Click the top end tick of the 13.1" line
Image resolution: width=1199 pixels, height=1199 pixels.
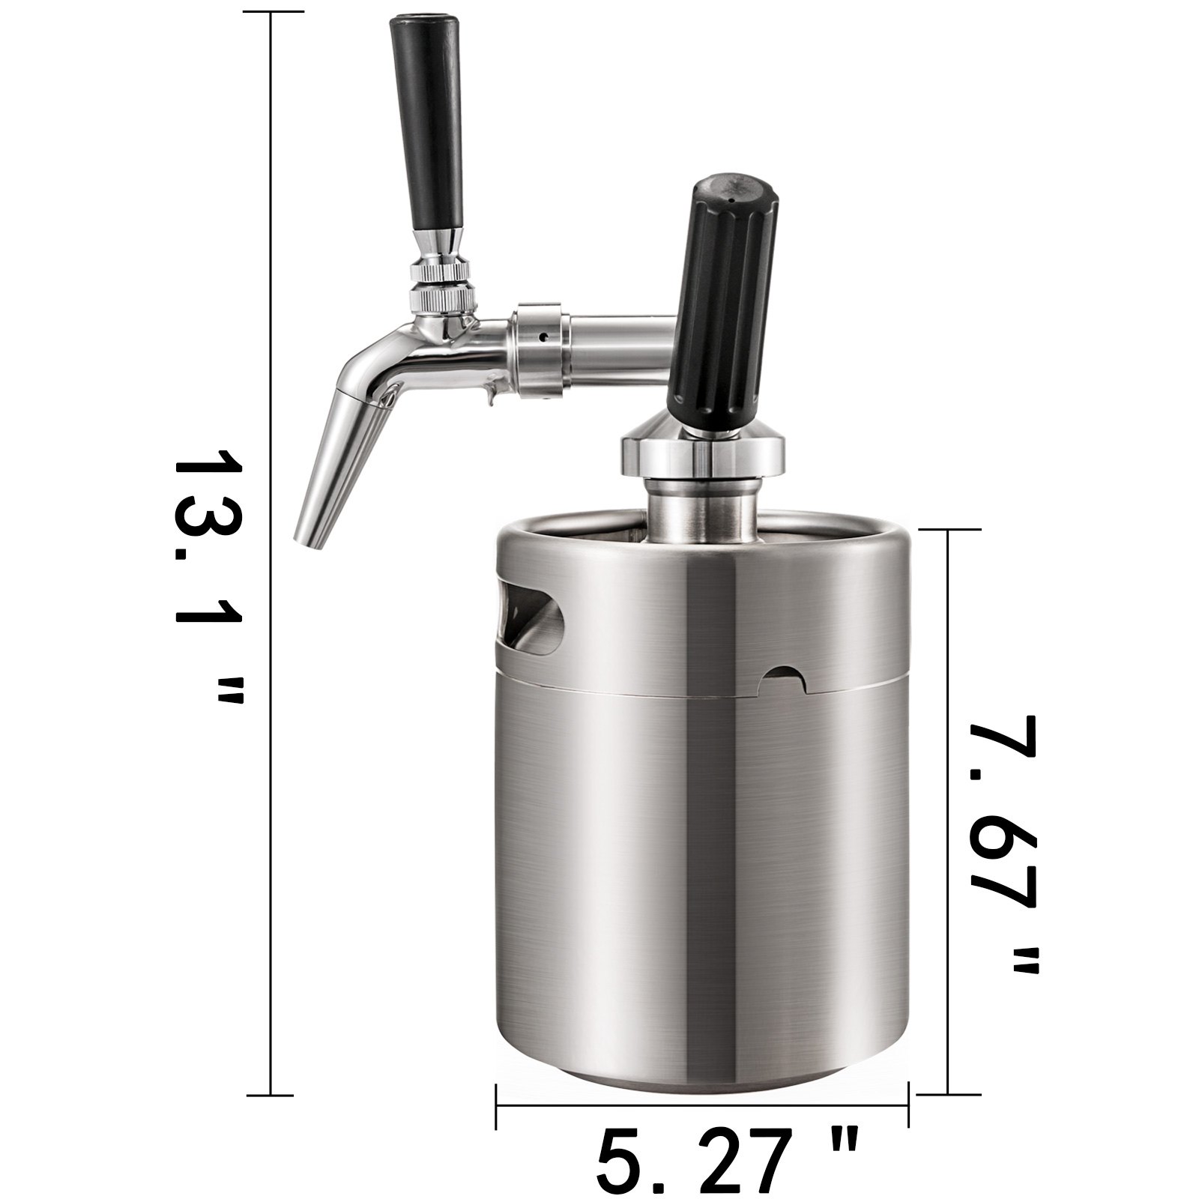pyautogui.click(x=271, y=13)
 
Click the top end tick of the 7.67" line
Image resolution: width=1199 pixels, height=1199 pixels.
pyautogui.click(x=949, y=530)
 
